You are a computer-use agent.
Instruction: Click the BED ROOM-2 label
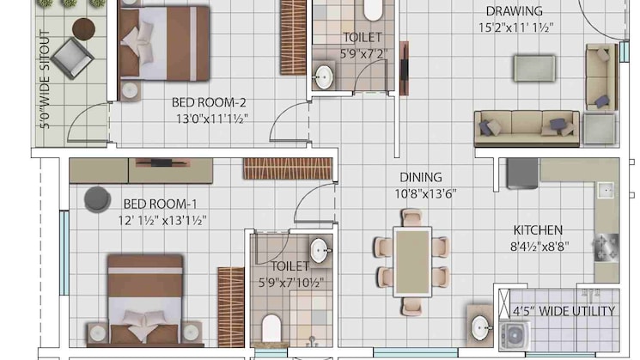pyautogui.click(x=209, y=102)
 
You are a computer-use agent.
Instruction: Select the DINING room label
pyautogui.click(x=420, y=177)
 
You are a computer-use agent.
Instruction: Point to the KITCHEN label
pyautogui.click(x=538, y=230)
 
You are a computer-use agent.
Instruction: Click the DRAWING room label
pyautogui.click(x=514, y=11)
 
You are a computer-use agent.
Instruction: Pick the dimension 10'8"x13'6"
pyautogui.click(x=425, y=193)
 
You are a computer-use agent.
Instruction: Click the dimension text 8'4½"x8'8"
pyautogui.click(x=539, y=247)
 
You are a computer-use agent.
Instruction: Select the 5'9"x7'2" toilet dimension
pyautogui.click(x=363, y=54)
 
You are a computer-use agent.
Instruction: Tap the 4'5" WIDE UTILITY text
pyautogui.click(x=564, y=311)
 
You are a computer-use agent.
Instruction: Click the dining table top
pyautogui.click(x=412, y=262)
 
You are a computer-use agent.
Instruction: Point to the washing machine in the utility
pyautogui.click(x=515, y=335)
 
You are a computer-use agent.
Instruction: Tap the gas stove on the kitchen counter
pyautogui.click(x=606, y=247)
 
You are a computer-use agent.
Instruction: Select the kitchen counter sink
pyautogui.click(x=606, y=190)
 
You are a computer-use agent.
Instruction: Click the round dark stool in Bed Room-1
pyautogui.click(x=97, y=199)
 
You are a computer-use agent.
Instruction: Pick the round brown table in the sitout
pyautogui.click(x=83, y=29)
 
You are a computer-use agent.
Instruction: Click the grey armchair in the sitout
pyautogui.click(x=73, y=58)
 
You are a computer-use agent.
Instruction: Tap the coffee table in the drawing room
pyautogui.click(x=534, y=68)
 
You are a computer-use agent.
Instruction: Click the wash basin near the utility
pyautogui.click(x=480, y=327)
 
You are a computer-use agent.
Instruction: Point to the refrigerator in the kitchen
pyautogui.click(x=522, y=173)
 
